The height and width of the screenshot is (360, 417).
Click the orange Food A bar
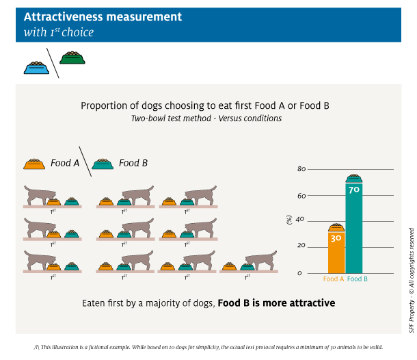pyautogui.click(x=336, y=253)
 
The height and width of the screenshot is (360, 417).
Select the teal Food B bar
pyautogui.click(x=354, y=228)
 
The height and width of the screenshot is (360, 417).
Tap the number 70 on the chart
pyautogui.click(x=354, y=190)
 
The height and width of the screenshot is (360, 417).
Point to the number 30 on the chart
pyautogui.click(x=336, y=238)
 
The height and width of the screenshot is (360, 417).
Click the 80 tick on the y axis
pyautogui.click(x=301, y=169)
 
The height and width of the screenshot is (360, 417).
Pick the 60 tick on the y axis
pyautogui.click(x=301, y=196)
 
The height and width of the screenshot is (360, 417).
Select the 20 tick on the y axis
pyautogui.click(x=301, y=245)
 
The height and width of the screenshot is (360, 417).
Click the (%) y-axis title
pyautogui.click(x=289, y=220)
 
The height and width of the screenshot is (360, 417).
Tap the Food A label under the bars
pyautogui.click(x=334, y=279)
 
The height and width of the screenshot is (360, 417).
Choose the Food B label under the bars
pyautogui.click(x=358, y=279)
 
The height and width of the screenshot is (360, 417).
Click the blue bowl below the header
pyautogui.click(x=36, y=68)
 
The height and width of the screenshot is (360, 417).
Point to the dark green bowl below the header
pyautogui.click(x=72, y=57)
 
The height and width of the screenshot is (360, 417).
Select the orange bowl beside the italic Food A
pyautogui.click(x=34, y=164)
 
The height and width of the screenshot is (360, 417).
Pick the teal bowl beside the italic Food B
pyautogui.click(x=103, y=164)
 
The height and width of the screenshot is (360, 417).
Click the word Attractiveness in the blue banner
pyautogui.click(x=64, y=17)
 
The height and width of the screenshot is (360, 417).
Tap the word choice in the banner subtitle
pyautogui.click(x=78, y=32)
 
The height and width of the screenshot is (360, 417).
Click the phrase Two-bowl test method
pyautogui.click(x=172, y=118)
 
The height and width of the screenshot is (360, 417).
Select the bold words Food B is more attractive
pyautogui.click(x=276, y=303)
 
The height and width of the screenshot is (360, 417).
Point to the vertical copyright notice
pyautogui.click(x=412, y=280)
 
